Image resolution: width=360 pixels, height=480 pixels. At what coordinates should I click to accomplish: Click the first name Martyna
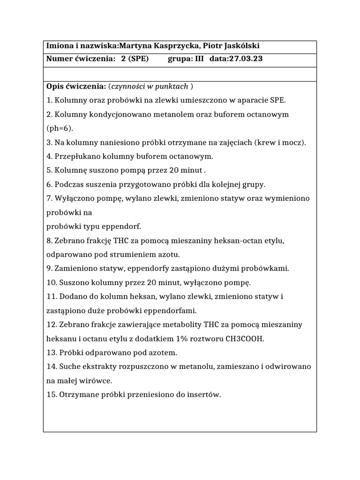pos(136,46)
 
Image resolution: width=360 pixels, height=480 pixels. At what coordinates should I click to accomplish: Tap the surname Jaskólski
pos(239,46)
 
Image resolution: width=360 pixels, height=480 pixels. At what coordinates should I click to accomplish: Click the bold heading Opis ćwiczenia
pos(76,86)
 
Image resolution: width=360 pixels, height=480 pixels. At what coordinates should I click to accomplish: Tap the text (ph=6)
pos(60,128)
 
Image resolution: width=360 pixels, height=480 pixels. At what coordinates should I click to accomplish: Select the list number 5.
pos(49,171)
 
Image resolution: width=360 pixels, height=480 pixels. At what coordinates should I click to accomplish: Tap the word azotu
pos(169,255)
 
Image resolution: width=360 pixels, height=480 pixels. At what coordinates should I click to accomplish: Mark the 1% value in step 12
pos(179,338)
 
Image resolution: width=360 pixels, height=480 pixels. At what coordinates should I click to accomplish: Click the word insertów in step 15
pos(204,395)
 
